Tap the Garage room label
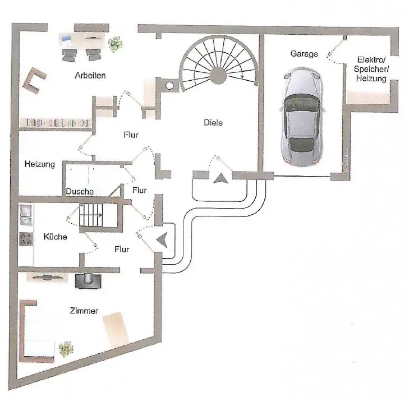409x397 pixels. (x=304, y=54)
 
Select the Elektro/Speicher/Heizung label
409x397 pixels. (x=371, y=70)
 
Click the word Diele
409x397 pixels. (x=213, y=122)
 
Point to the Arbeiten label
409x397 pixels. (x=90, y=75)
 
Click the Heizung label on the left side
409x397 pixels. (x=39, y=165)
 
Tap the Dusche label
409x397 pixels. (x=79, y=191)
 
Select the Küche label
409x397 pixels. (x=55, y=237)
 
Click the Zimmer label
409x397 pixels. (x=85, y=311)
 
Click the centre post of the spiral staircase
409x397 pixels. (x=218, y=76)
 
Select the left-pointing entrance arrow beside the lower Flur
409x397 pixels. (x=162, y=239)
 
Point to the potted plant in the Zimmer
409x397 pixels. (x=66, y=349)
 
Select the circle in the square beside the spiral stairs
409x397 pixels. (x=169, y=86)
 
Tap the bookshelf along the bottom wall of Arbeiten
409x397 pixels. (x=56, y=122)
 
